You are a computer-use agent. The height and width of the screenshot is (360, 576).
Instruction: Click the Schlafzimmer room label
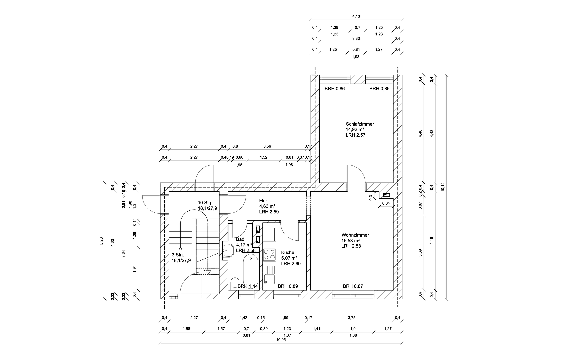(x=360, y=124)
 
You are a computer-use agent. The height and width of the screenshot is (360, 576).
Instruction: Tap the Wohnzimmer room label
(x=355, y=235)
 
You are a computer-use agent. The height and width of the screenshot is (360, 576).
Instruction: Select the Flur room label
(x=263, y=200)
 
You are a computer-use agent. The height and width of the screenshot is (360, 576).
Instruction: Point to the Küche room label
(x=288, y=252)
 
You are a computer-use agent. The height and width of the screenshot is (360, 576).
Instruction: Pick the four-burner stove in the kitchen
(x=269, y=255)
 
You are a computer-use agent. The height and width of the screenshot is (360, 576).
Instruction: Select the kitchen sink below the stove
(x=269, y=279)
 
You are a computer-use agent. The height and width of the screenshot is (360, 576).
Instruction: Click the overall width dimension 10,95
(x=281, y=340)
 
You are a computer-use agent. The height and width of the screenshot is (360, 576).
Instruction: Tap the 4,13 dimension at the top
(x=356, y=16)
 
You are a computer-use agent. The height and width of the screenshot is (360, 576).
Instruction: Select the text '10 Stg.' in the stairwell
(x=205, y=203)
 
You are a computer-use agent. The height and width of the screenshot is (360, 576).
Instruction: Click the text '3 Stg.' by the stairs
(x=178, y=255)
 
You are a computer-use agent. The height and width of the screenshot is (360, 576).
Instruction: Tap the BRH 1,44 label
(x=248, y=286)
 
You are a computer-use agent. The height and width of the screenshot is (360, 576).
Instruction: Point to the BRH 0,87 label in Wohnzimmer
(x=353, y=286)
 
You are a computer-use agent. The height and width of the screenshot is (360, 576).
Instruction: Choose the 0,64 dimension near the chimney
(x=386, y=203)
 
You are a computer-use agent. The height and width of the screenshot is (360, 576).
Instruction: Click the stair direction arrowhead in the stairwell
(x=208, y=272)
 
